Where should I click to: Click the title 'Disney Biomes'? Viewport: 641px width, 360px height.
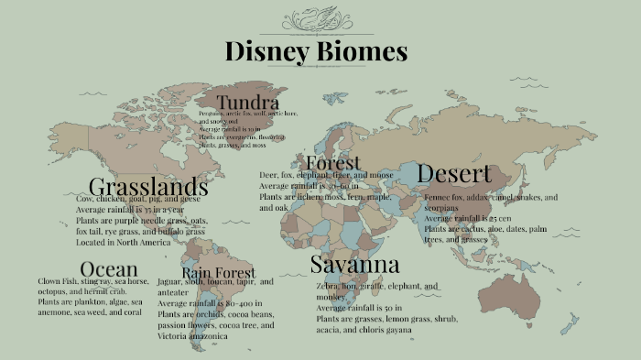coord(316,51)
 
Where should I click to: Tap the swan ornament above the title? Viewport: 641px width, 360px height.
coord(316,19)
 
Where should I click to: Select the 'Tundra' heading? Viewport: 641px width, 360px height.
coord(248,102)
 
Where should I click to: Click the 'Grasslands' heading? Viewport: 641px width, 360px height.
coord(148,187)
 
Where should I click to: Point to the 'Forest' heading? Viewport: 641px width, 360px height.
coord(332,162)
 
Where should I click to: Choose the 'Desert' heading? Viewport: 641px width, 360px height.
coord(454,173)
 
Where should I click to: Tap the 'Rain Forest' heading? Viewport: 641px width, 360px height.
coord(218,273)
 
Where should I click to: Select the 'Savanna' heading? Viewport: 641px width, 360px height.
coord(354,265)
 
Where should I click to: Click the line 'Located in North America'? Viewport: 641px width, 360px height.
coord(123,243)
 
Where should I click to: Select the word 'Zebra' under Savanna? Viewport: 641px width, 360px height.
coord(328,286)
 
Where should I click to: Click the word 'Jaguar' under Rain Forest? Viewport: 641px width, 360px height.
coord(170,282)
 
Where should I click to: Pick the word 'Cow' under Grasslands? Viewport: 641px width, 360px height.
coord(84,199)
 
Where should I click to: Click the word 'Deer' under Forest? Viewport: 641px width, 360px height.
coord(268,175)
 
